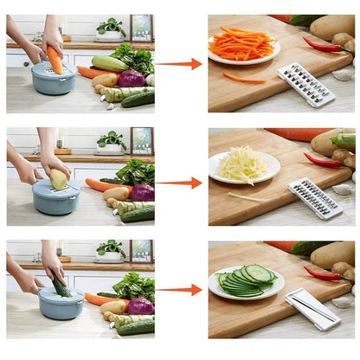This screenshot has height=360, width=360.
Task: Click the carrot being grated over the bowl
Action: tap(55, 60)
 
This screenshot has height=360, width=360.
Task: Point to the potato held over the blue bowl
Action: tap(58, 179)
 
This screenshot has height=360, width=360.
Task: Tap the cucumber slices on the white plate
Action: tap(246, 279)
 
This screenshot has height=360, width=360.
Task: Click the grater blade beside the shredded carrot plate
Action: tap(305, 84)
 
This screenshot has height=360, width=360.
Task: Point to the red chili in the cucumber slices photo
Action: tap(321, 274)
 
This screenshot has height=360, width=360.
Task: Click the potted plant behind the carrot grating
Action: tap(110, 29)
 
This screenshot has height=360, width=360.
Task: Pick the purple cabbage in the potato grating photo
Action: tap(142, 192)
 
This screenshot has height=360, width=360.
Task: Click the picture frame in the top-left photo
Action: tap(141, 28)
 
